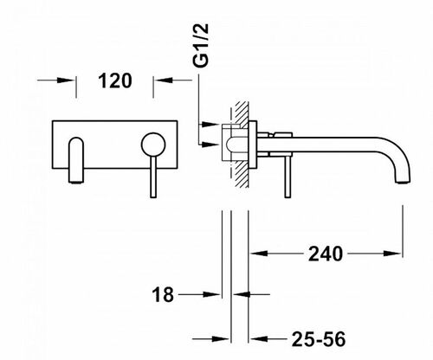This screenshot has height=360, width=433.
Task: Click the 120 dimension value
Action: pyautogui.click(x=115, y=80)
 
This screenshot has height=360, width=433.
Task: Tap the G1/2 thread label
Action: pyautogui.click(x=201, y=45)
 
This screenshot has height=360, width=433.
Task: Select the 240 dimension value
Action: pyautogui.click(x=326, y=254)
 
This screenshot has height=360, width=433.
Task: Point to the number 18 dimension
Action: pyautogui.click(x=163, y=294)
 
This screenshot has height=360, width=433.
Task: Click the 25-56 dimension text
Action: pyautogui.click(x=319, y=339)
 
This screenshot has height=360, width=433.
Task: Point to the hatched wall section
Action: pyautogui.click(x=242, y=145)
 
